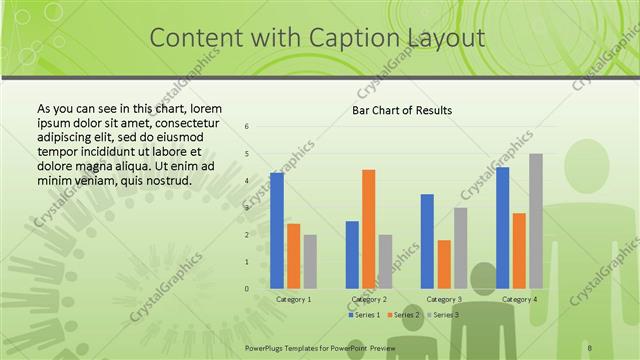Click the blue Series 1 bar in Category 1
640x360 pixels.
point(277,230)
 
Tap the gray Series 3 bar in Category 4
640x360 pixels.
point(536,221)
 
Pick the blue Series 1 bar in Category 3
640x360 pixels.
point(427,241)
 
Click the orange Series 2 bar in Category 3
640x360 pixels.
point(443,264)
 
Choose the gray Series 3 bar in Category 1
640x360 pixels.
point(310,262)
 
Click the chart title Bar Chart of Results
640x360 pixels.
point(402,110)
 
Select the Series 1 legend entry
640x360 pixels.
point(364,315)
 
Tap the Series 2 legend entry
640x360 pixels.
point(403,315)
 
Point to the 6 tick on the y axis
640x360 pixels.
point(247,127)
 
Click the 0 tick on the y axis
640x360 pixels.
point(247,289)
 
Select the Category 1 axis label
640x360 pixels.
point(293,299)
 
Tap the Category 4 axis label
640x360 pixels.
point(519,299)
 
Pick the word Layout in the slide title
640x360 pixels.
point(446,38)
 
